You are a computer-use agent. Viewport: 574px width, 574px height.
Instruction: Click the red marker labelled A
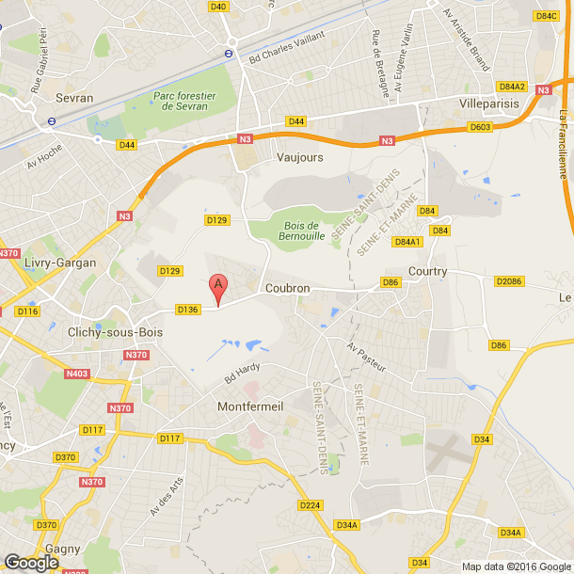[218, 286]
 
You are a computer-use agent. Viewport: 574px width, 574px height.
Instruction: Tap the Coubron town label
[288, 289]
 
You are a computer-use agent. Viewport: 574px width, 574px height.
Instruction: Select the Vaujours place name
[299, 157]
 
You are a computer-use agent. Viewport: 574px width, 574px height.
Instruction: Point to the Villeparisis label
[490, 102]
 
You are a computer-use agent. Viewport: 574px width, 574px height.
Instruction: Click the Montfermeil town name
[249, 407]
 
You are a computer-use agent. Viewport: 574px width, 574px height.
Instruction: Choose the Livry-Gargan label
[60, 263]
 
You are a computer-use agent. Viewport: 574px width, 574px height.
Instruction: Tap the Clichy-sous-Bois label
[115, 332]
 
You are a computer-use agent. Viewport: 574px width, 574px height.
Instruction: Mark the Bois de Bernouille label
[302, 231]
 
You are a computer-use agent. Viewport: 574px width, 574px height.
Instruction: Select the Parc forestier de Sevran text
[185, 101]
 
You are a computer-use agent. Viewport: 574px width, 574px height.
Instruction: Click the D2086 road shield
[507, 281]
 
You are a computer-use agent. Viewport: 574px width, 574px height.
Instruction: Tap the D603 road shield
[481, 127]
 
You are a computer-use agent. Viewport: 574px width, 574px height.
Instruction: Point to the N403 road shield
[78, 374]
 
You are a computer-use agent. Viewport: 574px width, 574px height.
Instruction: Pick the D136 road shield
[187, 309]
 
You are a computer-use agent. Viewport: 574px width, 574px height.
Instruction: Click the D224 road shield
[310, 505]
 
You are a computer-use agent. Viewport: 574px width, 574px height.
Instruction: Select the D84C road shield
[546, 16]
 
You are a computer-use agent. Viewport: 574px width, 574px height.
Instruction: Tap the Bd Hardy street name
[242, 372]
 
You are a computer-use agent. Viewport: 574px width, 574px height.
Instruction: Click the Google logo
[32, 562]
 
